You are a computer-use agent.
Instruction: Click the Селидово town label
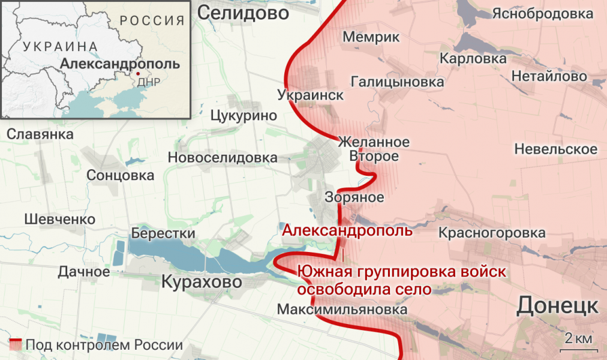(243, 13)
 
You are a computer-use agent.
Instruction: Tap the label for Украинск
(311, 95)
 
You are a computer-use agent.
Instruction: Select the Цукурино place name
(244, 116)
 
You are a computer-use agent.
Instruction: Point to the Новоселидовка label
(223, 158)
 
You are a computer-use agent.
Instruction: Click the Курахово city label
(202, 281)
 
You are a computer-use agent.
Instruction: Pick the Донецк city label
(557, 305)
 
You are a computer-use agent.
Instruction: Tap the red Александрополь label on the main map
(347, 230)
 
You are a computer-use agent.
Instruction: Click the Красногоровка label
(492, 233)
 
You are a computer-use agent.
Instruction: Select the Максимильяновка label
(342, 310)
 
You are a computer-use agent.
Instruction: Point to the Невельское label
(555, 149)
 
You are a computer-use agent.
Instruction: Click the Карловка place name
(473, 59)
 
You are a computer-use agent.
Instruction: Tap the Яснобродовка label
(542, 13)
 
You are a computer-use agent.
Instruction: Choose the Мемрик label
(371, 37)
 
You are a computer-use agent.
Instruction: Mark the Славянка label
(40, 134)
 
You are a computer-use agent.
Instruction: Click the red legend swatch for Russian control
(16, 345)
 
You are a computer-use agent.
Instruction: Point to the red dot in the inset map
(139, 74)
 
